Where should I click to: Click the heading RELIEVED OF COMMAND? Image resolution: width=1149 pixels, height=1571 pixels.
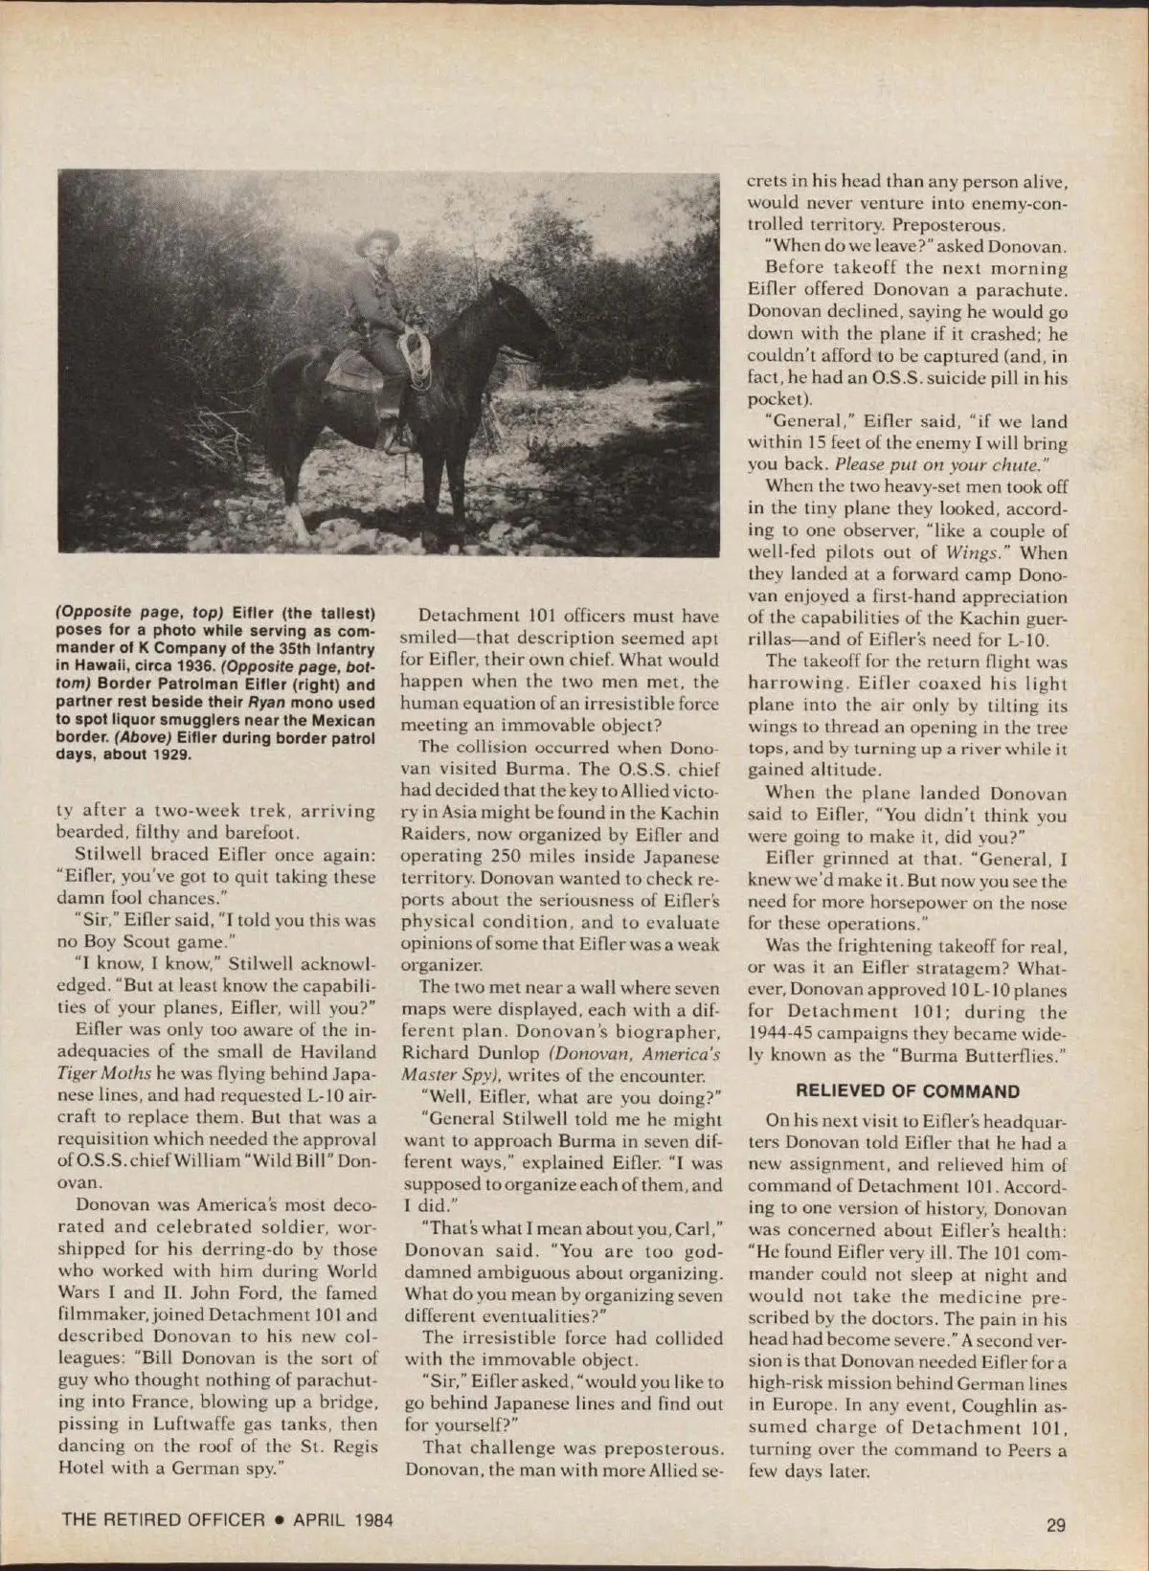(907, 1091)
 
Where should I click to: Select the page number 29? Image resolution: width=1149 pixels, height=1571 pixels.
(1055, 1524)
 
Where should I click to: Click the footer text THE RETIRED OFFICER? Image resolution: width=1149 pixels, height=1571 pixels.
(163, 1519)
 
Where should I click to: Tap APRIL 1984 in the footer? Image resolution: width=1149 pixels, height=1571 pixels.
(343, 1519)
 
